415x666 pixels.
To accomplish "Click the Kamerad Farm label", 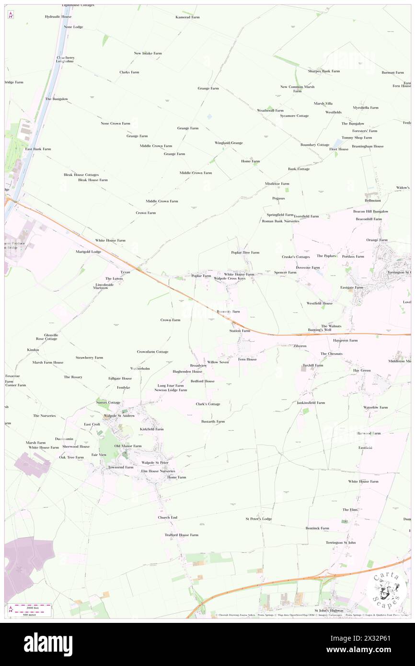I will [187, 17].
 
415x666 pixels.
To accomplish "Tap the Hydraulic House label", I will [58, 16].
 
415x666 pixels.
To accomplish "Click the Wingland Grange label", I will [229, 143].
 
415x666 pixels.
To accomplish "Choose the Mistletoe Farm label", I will [277, 184].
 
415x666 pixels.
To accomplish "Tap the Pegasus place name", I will [278, 198].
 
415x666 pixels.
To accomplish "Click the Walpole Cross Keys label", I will [230, 278].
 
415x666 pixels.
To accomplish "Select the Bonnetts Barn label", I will [228, 311].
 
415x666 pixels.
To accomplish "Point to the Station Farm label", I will [240, 331].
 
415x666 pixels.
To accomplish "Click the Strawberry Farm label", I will [89, 357].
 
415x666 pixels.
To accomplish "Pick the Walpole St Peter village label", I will [155, 462].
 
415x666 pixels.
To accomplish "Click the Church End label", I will [168, 517].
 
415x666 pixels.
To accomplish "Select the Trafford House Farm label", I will [181, 535].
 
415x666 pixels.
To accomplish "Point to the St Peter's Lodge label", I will [259, 519].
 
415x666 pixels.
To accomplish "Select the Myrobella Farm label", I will [366, 107].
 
